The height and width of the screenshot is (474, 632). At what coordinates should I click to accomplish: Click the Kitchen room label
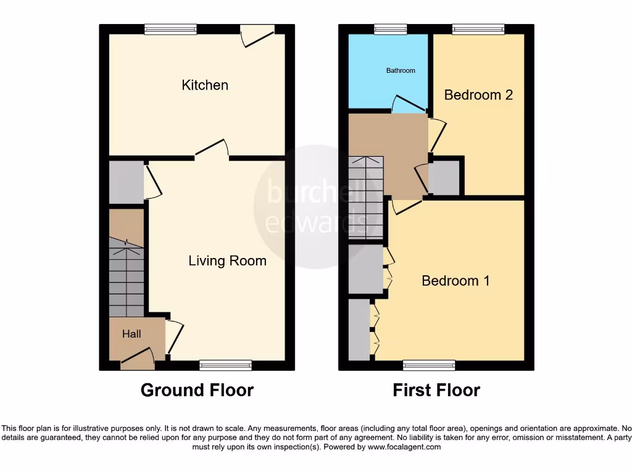pyautogui.click(x=205, y=85)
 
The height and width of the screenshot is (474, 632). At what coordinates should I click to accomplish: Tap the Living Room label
pyautogui.click(x=227, y=261)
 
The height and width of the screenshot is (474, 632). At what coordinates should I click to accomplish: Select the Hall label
pyautogui.click(x=131, y=334)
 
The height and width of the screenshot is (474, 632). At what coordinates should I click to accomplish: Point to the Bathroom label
pyautogui.click(x=401, y=70)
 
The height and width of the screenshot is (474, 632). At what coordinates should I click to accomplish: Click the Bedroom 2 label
pyautogui.click(x=478, y=95)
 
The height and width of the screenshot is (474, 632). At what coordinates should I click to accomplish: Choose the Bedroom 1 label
pyautogui.click(x=455, y=281)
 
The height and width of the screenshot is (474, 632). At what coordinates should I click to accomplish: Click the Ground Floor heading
pyautogui.click(x=197, y=390)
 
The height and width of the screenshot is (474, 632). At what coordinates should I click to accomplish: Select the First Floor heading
pyautogui.click(x=436, y=390)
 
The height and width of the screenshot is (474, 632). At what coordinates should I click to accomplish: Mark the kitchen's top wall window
pyautogui.click(x=171, y=28)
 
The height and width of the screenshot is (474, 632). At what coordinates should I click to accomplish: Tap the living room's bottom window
pyautogui.click(x=226, y=365)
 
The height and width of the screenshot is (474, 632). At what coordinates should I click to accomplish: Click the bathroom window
pyautogui.click(x=391, y=28)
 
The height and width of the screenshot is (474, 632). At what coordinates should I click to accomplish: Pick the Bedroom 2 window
pyautogui.click(x=478, y=28)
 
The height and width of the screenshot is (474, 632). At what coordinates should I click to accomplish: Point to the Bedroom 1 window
pyautogui.click(x=429, y=365)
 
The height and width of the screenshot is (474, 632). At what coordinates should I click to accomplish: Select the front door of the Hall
pyautogui.click(x=137, y=359)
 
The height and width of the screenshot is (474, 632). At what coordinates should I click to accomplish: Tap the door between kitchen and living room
pyautogui.click(x=212, y=150)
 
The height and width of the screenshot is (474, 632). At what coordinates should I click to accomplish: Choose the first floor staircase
pyautogui.click(x=365, y=197)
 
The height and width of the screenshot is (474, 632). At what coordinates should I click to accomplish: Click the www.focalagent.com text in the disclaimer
pyautogui.click(x=404, y=447)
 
